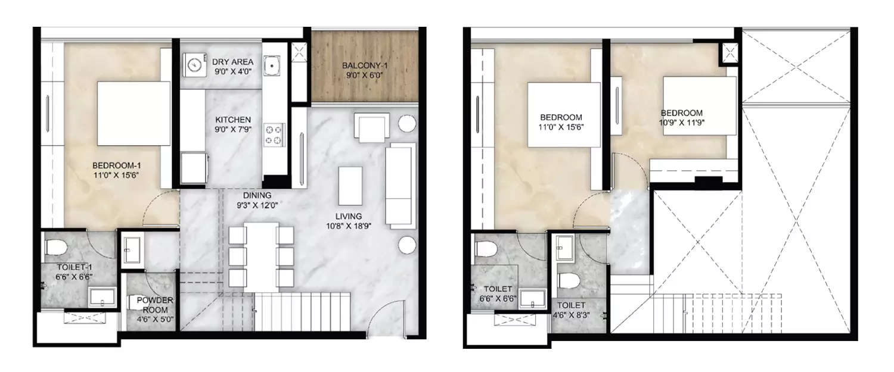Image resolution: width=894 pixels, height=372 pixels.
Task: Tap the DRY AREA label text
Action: pos(233,65)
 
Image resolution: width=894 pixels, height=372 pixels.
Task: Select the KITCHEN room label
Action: pos(233,124)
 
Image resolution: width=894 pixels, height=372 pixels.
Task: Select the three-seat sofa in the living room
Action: pos(401,185)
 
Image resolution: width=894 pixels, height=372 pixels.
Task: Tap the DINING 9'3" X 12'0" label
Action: pos(256,200)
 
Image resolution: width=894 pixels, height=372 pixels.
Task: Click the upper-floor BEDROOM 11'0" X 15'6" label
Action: pos(561,122)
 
